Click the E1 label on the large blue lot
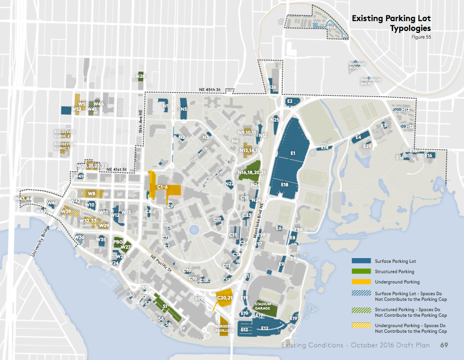click(x=292, y=153)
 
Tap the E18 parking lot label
click(x=285, y=185)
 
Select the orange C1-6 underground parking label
click(x=162, y=187)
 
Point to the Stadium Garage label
click(x=263, y=306)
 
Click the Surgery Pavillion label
click(x=224, y=328)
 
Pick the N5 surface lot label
click(x=184, y=109)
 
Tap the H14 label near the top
click(x=332, y=28)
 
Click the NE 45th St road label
click(x=209, y=89)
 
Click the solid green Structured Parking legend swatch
click(x=361, y=271)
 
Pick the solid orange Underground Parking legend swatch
click(x=361, y=282)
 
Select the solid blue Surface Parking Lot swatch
click(x=361, y=261)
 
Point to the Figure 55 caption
click(x=421, y=37)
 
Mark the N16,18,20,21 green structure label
click(x=252, y=173)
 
